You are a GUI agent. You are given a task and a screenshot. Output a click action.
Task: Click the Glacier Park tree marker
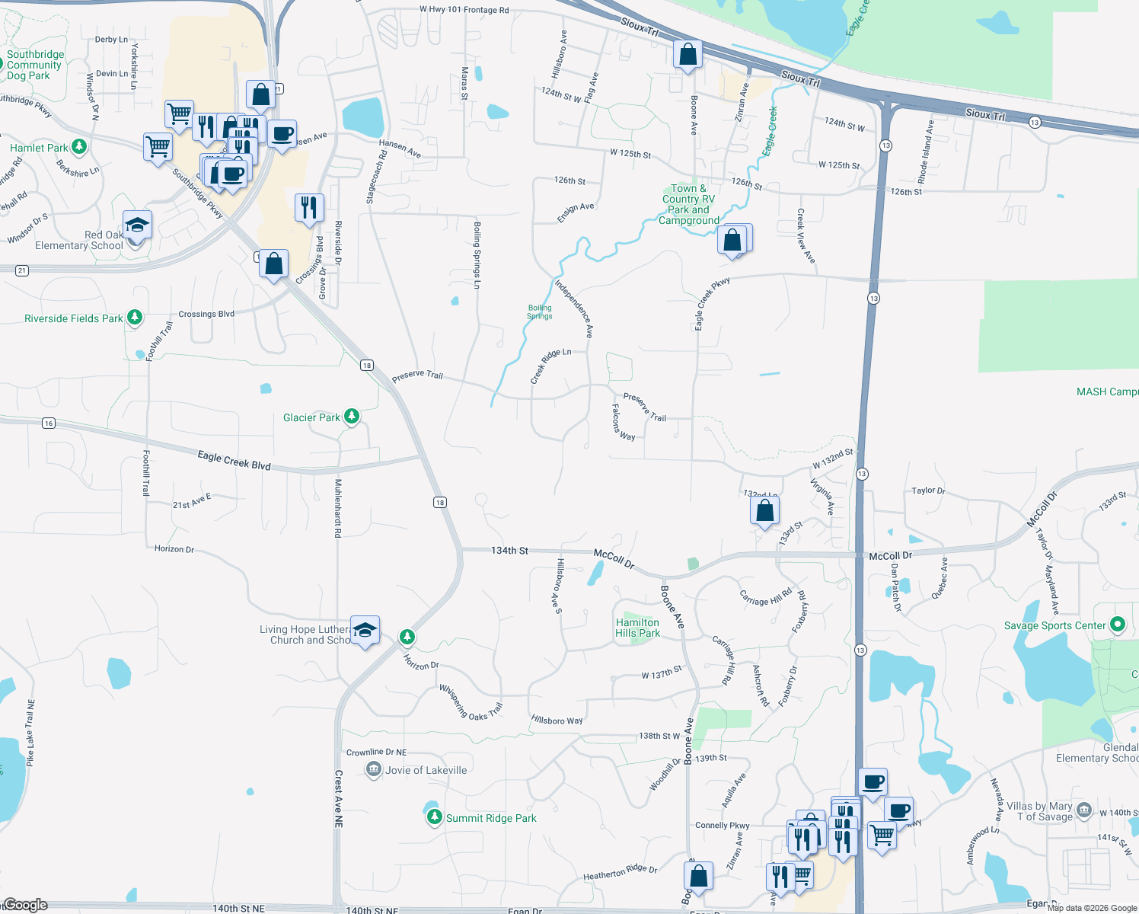point(351,416)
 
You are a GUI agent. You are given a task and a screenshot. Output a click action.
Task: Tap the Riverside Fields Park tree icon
point(135,317)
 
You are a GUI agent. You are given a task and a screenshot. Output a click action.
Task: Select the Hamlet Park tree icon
point(79,146)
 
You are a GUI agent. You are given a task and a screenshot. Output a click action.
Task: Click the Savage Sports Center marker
point(1117,625)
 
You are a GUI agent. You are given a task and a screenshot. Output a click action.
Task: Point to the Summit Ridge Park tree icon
point(434,817)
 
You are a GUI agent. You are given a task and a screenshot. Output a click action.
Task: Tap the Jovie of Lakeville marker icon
point(373,769)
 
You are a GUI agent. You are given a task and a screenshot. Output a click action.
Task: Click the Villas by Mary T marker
point(1084,810)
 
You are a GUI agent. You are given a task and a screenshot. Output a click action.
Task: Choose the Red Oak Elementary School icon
point(137,225)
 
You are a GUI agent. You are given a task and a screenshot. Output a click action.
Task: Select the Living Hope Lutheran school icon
point(365,630)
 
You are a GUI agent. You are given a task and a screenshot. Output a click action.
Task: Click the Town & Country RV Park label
point(689,204)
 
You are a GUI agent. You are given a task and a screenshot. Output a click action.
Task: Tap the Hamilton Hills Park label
point(638,628)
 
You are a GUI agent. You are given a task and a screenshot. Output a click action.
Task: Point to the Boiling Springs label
point(540,312)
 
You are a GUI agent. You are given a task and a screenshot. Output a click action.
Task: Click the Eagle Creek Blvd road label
point(234,461)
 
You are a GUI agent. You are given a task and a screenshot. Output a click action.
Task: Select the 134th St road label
point(509,550)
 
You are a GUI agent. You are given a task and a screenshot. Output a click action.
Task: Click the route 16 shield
point(49,423)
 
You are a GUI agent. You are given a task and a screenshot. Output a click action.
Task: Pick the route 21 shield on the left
point(22,270)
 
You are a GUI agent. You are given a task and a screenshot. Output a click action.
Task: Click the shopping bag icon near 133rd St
point(764,510)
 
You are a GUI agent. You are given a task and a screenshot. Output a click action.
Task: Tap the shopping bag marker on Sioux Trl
point(688,55)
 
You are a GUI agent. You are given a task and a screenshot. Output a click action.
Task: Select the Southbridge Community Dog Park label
point(35,65)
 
